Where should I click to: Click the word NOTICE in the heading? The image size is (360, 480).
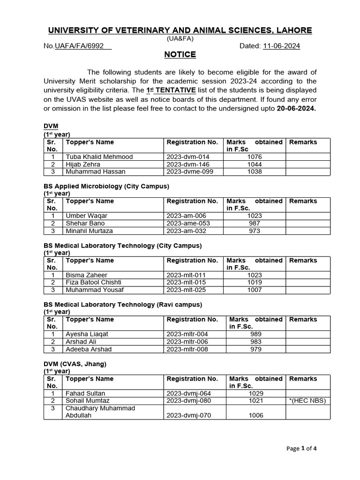(x=180, y=55)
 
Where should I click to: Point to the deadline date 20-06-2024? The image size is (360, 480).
(x=289, y=108)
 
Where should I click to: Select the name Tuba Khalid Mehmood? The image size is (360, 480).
(x=99, y=157)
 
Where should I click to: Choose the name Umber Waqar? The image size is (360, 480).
(x=86, y=216)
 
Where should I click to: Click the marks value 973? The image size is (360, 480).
(x=255, y=231)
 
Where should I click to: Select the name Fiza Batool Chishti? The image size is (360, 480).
(x=94, y=283)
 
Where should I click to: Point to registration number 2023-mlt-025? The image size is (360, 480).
(x=186, y=290)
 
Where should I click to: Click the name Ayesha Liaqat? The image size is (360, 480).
(x=87, y=334)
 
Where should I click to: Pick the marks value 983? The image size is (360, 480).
(x=256, y=342)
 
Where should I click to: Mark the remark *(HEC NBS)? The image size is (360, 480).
(x=307, y=401)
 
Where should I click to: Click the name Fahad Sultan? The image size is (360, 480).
(x=85, y=393)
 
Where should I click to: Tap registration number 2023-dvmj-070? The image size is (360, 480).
(x=189, y=415)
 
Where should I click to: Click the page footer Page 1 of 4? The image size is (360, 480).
(x=301, y=449)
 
